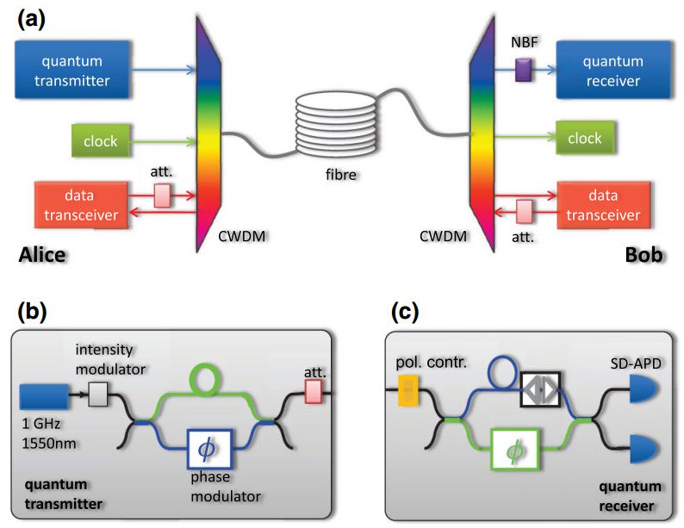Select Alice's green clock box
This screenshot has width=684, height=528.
(102, 140)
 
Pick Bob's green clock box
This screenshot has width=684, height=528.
(584, 139)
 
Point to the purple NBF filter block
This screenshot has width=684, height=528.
(520, 70)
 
